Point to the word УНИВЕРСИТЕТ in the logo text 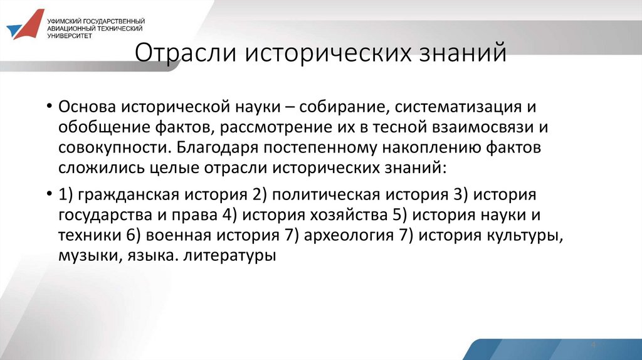coord(70,36)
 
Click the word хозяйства coord(345,216)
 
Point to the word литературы coord(230,256)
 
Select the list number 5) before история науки coord(396,216)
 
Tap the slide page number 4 coord(592,346)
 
